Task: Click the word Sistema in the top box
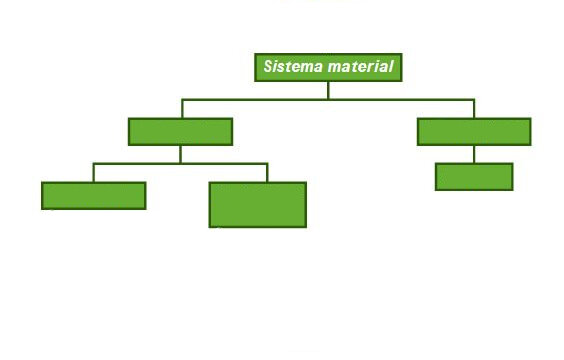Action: click(x=293, y=67)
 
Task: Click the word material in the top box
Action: click(x=361, y=67)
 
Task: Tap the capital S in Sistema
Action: click(x=269, y=67)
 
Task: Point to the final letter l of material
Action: click(x=391, y=67)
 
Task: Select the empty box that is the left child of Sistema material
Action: click(x=181, y=132)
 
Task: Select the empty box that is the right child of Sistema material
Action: click(x=474, y=132)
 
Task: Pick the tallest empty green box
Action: click(x=258, y=205)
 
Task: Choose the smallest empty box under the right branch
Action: click(x=474, y=177)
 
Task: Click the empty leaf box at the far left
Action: click(x=94, y=196)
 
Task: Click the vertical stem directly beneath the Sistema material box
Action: click(x=328, y=90)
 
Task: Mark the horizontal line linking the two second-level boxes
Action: click(x=328, y=99)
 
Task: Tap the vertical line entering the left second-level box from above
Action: click(x=182, y=109)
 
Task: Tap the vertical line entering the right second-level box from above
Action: click(x=474, y=109)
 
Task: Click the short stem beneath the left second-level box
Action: click(x=181, y=155)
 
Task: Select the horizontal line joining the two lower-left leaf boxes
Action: click(x=181, y=164)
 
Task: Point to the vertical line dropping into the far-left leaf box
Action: click(x=94, y=173)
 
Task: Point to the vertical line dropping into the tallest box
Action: click(x=267, y=173)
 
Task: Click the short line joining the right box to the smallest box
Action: click(x=474, y=154)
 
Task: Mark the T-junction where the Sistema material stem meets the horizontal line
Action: click(x=328, y=99)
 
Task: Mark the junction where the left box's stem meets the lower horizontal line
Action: click(x=181, y=164)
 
